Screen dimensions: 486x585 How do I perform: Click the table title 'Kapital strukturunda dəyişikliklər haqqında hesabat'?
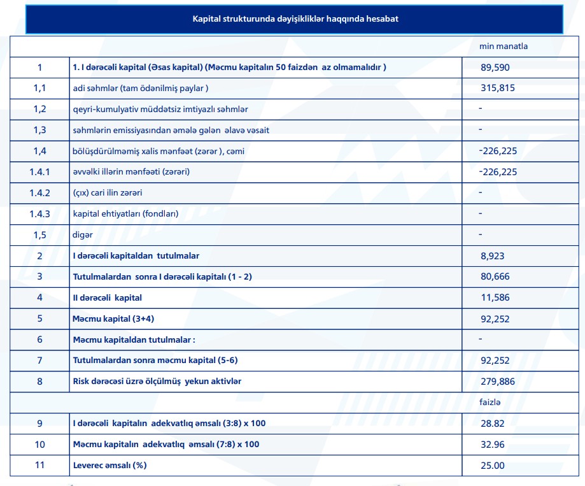click(x=295, y=19)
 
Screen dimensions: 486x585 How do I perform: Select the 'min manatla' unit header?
click(x=504, y=46)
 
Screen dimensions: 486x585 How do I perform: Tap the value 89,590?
click(x=495, y=68)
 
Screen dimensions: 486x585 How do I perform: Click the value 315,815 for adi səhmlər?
click(x=498, y=88)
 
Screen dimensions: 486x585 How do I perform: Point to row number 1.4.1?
click(x=40, y=172)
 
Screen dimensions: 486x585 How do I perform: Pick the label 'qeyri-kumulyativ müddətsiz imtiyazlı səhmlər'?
click(x=160, y=109)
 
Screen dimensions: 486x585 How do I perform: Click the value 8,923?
click(x=493, y=255)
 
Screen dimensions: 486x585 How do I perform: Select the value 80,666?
click(x=495, y=276)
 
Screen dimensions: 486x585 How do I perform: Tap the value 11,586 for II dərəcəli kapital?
click(x=495, y=297)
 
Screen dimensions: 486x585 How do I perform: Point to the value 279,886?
click(x=498, y=382)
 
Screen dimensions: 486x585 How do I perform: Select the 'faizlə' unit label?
click(x=490, y=403)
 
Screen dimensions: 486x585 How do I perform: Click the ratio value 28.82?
click(x=493, y=423)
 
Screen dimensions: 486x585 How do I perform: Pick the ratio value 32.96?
click(x=493, y=444)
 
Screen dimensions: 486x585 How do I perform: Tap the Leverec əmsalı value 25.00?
click(x=493, y=465)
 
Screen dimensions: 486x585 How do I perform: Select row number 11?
click(x=40, y=465)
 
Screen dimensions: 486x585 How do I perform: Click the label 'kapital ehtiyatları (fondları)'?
click(x=125, y=214)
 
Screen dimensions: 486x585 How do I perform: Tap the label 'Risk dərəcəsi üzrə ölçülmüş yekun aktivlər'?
click(x=157, y=382)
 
